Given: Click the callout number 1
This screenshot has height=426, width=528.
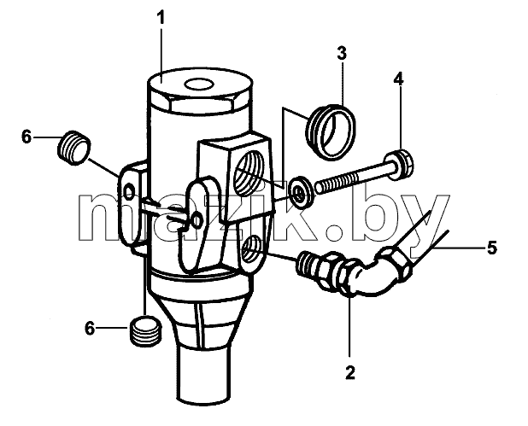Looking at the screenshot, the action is [x=162, y=19].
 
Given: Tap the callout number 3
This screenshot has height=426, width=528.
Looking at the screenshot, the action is [x=342, y=54].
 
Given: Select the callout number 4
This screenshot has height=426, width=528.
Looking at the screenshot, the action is [x=399, y=79].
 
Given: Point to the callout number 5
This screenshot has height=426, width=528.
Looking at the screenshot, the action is [x=491, y=248].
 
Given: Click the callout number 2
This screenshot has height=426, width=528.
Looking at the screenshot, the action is [x=350, y=372].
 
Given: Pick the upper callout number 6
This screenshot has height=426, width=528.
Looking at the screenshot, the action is [x=26, y=137].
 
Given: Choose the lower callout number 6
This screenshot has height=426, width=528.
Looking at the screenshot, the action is [x=90, y=328].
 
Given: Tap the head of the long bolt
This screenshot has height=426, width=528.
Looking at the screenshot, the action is [x=399, y=166].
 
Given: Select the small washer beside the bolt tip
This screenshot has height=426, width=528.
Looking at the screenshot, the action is [x=301, y=192].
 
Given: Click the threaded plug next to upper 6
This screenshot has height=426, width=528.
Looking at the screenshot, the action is [x=74, y=148].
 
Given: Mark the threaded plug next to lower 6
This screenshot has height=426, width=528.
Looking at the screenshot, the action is [x=145, y=331].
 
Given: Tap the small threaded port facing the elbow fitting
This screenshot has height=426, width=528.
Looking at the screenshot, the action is [x=252, y=249].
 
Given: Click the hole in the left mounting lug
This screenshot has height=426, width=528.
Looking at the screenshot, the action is [x=129, y=192].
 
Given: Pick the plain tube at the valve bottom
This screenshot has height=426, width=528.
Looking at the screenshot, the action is [x=202, y=375].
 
